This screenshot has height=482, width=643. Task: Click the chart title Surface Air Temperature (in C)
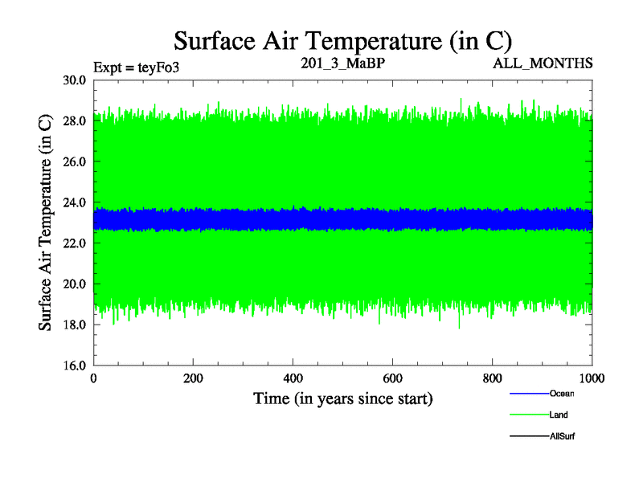click(343, 40)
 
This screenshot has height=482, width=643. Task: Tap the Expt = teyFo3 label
click(136, 67)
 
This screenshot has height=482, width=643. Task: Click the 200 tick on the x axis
click(193, 378)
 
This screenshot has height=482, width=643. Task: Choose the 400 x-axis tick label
click(293, 378)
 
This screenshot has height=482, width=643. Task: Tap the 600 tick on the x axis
click(392, 378)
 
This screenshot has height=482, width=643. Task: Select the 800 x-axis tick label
click(492, 378)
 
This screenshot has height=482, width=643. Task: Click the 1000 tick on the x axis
click(592, 378)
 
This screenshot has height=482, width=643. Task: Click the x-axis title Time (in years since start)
click(343, 398)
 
